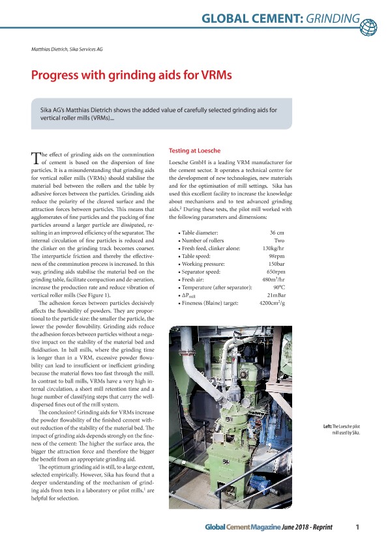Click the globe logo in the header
point(368,26)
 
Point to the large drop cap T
point(36,158)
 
